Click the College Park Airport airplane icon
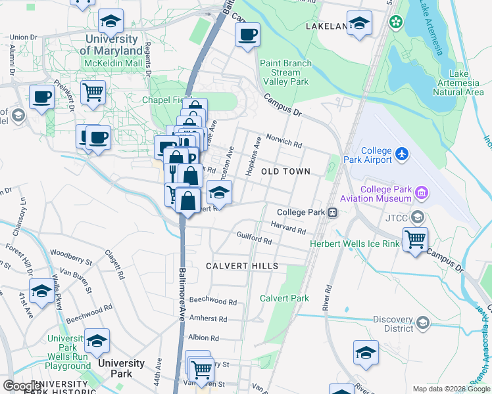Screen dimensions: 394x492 click(403, 154)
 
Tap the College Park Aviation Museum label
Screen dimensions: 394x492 click(376, 194)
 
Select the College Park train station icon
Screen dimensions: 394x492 click(333, 212)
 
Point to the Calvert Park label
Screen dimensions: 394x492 click(284, 298)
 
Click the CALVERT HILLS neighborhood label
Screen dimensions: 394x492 click(241, 266)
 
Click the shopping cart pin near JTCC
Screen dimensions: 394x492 click(415, 240)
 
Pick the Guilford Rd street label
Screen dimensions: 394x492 click(254, 241)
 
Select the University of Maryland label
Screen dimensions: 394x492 click(113, 45)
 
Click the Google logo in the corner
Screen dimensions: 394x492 click(21, 386)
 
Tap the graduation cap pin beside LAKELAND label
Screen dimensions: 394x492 click(359, 25)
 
